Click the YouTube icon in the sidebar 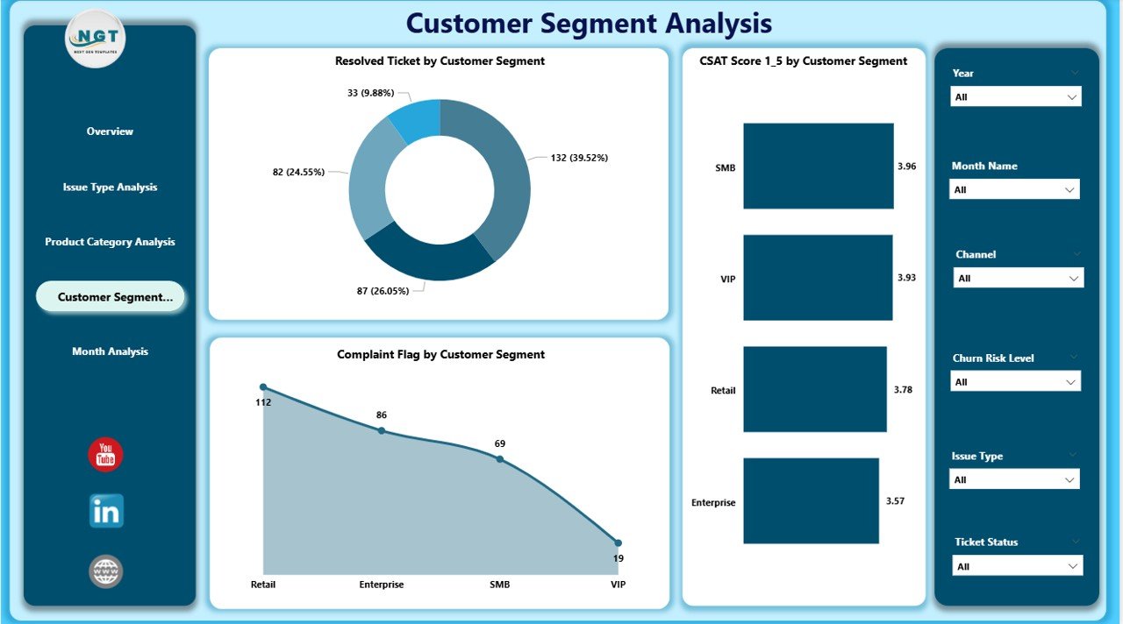pyautogui.click(x=106, y=455)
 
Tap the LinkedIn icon pyautogui.click(x=106, y=511)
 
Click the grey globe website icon pyautogui.click(x=106, y=571)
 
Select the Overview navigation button pyautogui.click(x=110, y=131)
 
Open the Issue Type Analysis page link pyautogui.click(x=110, y=187)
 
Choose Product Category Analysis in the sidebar pyautogui.click(x=110, y=242)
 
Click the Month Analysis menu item pyautogui.click(x=110, y=351)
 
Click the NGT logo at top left pyautogui.click(x=96, y=38)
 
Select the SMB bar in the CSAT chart pyautogui.click(x=818, y=166)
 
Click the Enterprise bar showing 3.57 pyautogui.click(x=811, y=500)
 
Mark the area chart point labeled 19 pyautogui.click(x=618, y=543)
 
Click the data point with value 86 pyautogui.click(x=381, y=430)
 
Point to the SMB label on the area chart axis pyautogui.click(x=499, y=585)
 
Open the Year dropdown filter pyautogui.click(x=1016, y=97)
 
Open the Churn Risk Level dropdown pyautogui.click(x=1016, y=382)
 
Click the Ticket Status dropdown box pyautogui.click(x=1018, y=566)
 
